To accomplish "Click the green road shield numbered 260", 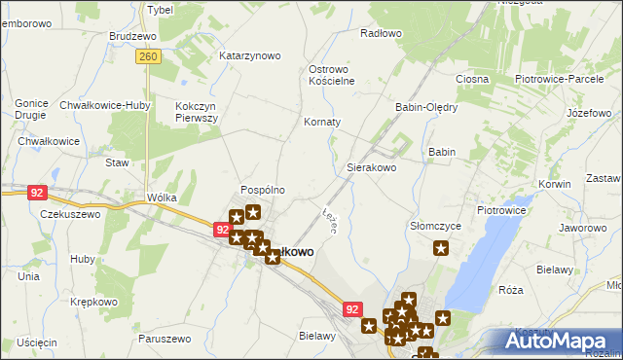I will pos(149,57).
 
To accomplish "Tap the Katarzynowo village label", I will pos(249,55).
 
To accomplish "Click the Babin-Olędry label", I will pos(425,107).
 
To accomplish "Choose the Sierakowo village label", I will pos(372,167).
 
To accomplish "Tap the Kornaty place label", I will pos(322,122).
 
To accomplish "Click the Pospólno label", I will pos(263,190).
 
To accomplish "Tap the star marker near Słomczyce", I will pos(441,249).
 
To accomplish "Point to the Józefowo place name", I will pos(587,113).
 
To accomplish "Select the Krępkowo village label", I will pos(93,303).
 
